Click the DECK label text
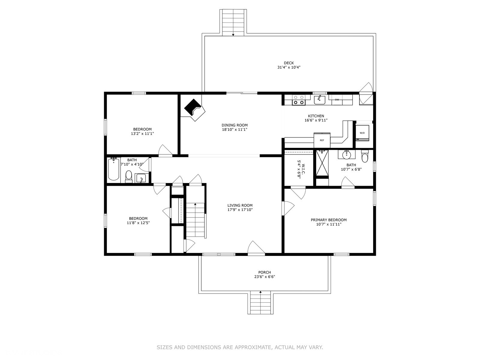[x=289, y=63]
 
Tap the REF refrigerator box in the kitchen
[x=322, y=140]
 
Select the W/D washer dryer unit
[x=362, y=133]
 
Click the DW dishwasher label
[x=337, y=100]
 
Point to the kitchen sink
[x=319, y=100]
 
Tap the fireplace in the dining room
[x=194, y=110]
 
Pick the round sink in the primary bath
[x=346, y=155]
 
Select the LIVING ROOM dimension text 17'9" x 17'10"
[x=240, y=210]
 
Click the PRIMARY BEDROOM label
[x=329, y=220]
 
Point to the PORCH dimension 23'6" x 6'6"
[x=264, y=277]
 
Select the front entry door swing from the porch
[x=256, y=247]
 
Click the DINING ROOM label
[x=234, y=125]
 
